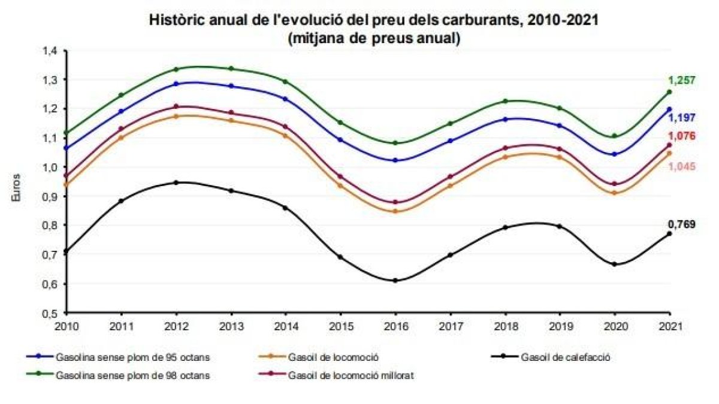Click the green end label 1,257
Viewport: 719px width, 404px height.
(x=682, y=80)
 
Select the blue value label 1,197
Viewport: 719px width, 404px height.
(x=682, y=118)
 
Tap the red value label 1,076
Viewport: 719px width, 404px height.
(x=682, y=136)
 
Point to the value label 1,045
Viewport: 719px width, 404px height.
(x=682, y=166)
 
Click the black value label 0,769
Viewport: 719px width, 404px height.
(x=682, y=225)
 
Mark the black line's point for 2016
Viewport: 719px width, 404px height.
(x=395, y=280)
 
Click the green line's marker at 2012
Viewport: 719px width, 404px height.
(x=176, y=69)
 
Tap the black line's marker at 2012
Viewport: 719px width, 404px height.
(x=176, y=182)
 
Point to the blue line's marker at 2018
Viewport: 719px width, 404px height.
(x=505, y=119)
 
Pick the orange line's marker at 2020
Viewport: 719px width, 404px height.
(x=614, y=193)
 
